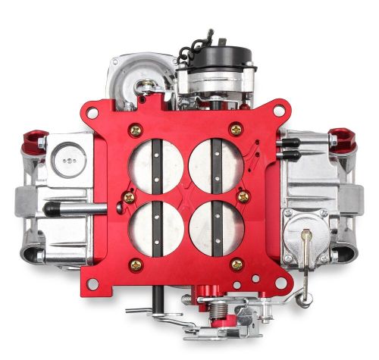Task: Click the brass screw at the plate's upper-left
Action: click(x=136, y=130)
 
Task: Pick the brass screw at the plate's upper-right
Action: click(x=236, y=130)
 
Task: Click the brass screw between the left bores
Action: click(x=129, y=197)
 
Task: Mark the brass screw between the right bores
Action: click(x=243, y=196)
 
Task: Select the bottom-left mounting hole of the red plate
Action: click(x=91, y=282)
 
